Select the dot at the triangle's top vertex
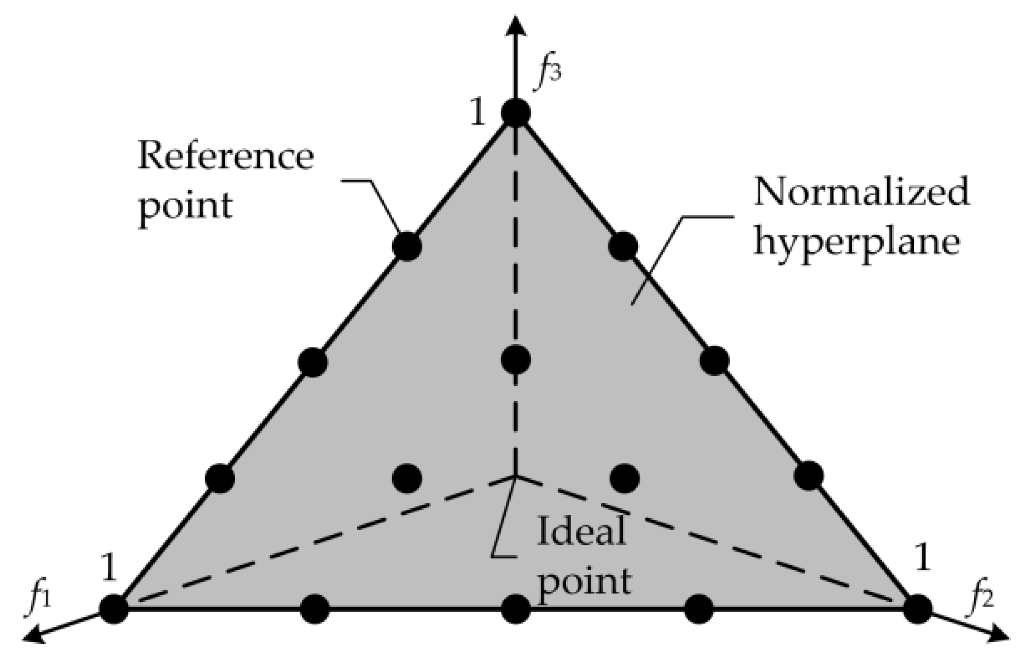pyautogui.click(x=516, y=113)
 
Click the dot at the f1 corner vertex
pyautogui.click(x=114, y=609)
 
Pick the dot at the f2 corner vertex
pyautogui.click(x=918, y=609)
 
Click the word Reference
pyautogui.click(x=225, y=157)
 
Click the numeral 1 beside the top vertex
pyautogui.click(x=477, y=114)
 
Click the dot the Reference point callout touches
pyautogui.click(x=407, y=246)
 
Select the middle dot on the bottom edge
pyautogui.click(x=516, y=609)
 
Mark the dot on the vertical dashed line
pyautogui.click(x=516, y=359)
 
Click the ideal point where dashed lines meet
pyautogui.click(x=516, y=477)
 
